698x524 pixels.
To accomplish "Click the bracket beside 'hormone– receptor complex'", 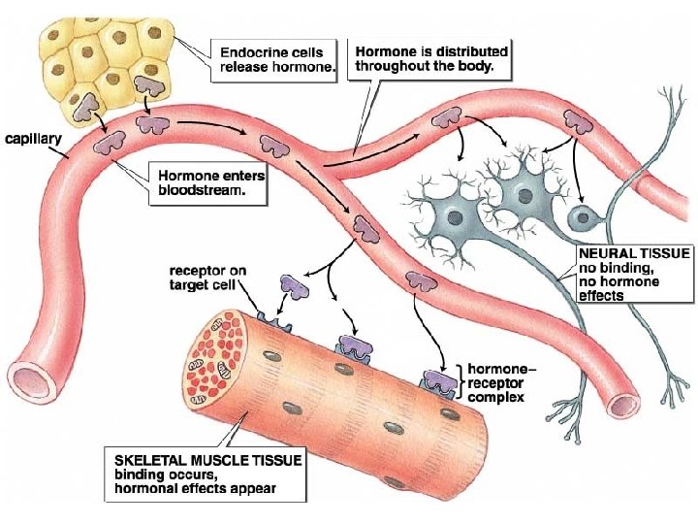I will coord(460,382).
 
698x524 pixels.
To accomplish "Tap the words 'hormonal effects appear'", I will coord(195,488).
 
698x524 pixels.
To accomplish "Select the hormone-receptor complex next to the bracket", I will coord(436,381).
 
